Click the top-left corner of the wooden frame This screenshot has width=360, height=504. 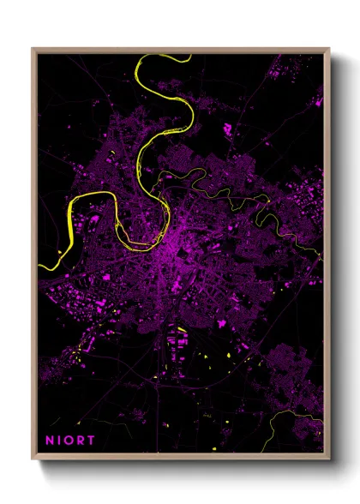[33, 48]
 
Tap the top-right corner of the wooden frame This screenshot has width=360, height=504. [329, 48]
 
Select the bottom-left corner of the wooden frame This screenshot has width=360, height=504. [33, 459]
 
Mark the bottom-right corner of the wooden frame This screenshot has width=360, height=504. [329, 459]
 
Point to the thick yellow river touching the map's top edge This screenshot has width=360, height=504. [163, 57]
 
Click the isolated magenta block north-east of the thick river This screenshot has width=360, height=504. [228, 131]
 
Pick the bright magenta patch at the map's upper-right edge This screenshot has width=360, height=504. [319, 101]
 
